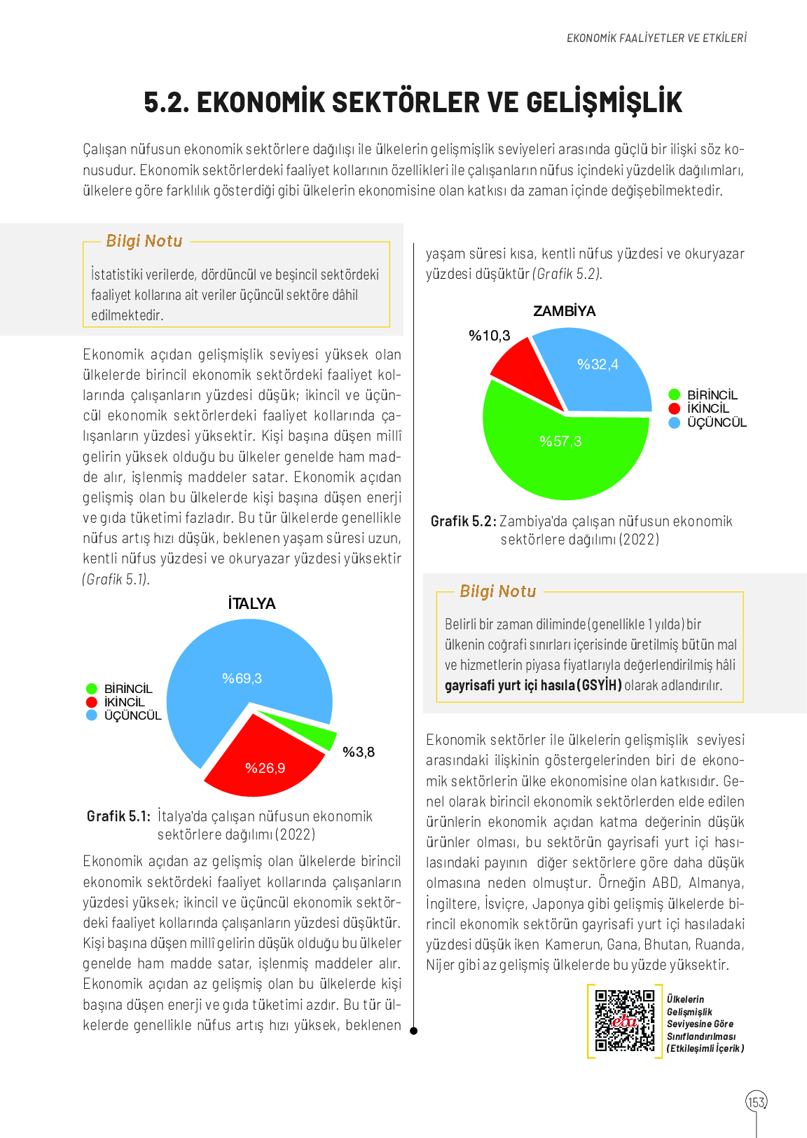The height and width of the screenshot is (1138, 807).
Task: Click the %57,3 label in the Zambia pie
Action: click(x=560, y=441)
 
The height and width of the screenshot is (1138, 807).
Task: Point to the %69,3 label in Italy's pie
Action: click(x=242, y=678)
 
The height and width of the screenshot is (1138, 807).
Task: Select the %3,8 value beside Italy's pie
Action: click(x=359, y=752)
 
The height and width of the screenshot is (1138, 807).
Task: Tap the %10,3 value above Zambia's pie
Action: click(x=490, y=336)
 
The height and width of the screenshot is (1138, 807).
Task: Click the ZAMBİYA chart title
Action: click(x=565, y=311)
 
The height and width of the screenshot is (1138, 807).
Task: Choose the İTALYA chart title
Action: click(x=251, y=603)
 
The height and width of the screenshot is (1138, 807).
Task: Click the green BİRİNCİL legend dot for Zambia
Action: click(x=675, y=395)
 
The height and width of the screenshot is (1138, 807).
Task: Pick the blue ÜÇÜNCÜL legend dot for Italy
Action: click(x=91, y=715)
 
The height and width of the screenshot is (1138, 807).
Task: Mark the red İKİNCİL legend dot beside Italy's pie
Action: click(x=91, y=702)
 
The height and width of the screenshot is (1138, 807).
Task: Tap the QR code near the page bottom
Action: click(x=624, y=1020)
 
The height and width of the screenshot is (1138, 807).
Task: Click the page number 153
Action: click(x=757, y=1102)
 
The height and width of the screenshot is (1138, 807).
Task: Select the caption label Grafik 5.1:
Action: click(x=118, y=816)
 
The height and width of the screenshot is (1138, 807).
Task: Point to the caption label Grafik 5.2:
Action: click(x=463, y=521)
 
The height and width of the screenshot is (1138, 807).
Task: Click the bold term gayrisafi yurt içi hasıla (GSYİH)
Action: click(x=533, y=685)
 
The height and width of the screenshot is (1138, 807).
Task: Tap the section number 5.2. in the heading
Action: click(x=167, y=102)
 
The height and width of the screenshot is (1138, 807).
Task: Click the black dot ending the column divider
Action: click(x=413, y=1031)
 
